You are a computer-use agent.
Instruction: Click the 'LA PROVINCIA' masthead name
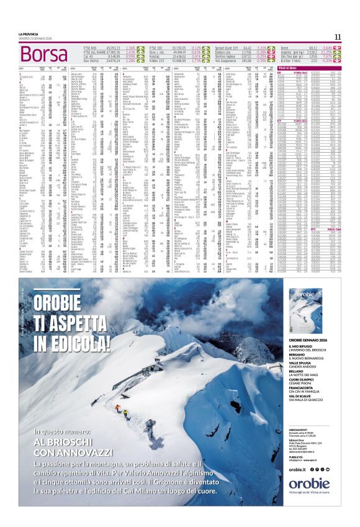29,34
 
